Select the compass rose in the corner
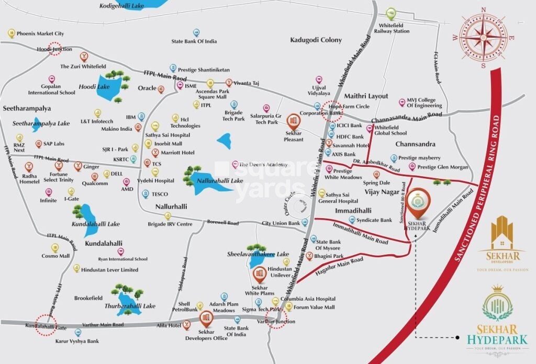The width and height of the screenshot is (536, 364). pos(483,38)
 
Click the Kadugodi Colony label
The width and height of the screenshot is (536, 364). pos(316,40)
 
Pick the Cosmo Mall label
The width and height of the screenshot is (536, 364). pos(56,256)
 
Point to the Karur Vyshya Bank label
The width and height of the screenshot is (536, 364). pos(77,341)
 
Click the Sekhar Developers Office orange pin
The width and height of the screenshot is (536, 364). pos(206,317)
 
